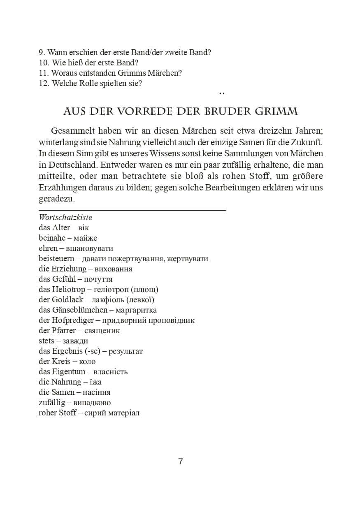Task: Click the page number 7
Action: pos(180,461)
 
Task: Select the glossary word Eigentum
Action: pos(68,372)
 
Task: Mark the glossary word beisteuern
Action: pos(56,259)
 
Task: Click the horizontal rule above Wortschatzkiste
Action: pos(132,210)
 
